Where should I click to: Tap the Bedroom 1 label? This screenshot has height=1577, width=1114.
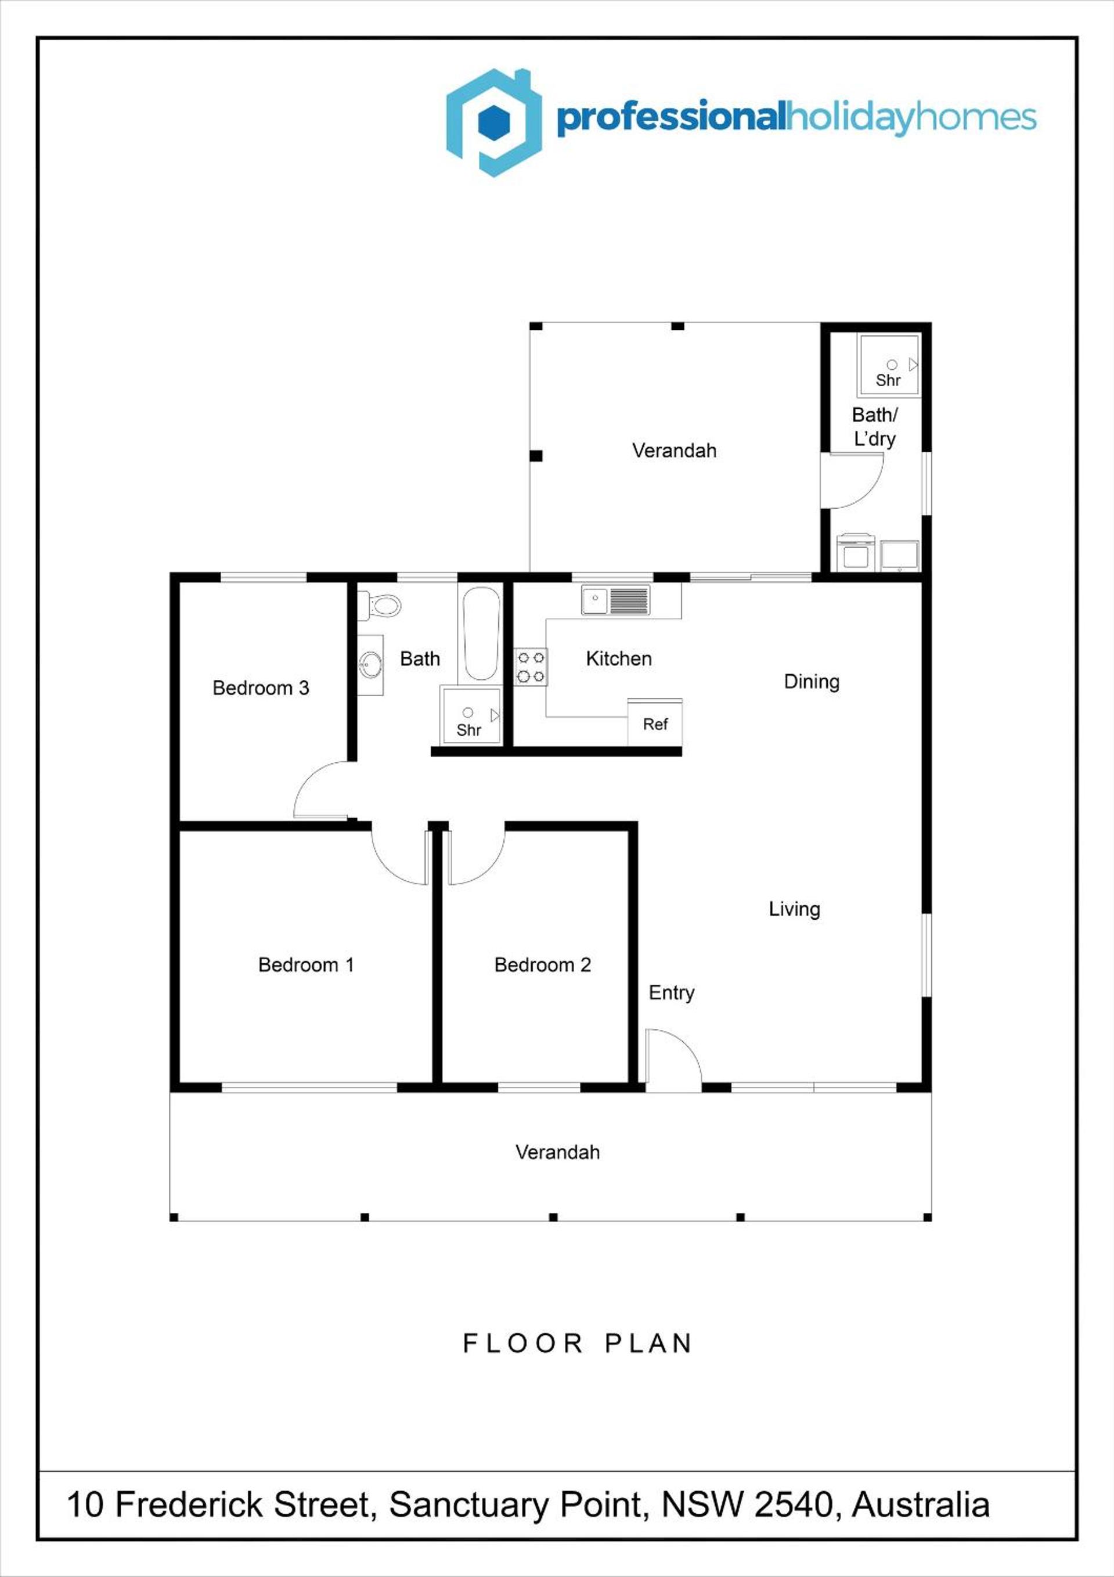307,964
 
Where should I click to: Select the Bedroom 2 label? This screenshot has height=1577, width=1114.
543,964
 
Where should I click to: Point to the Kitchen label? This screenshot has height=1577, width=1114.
618,658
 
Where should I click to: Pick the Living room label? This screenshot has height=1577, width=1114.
794,909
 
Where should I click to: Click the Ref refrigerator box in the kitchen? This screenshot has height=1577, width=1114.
655,722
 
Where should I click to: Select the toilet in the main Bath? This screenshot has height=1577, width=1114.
379,605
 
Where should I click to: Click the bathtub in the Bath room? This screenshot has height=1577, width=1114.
481,633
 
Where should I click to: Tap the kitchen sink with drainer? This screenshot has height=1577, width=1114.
615,599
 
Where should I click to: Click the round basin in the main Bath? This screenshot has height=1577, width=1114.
371,664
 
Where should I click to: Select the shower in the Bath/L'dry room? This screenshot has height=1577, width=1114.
888,364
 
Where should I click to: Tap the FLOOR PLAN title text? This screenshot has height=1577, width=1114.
577,1343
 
